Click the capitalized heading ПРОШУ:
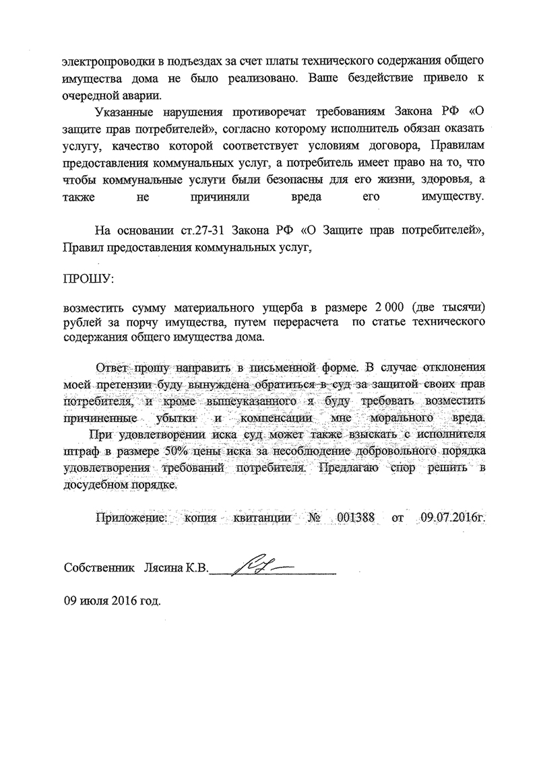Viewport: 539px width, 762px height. (88, 279)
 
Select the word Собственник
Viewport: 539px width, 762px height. (98, 568)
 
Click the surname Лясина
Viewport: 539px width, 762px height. (162, 568)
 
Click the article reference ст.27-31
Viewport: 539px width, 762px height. (191, 229)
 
